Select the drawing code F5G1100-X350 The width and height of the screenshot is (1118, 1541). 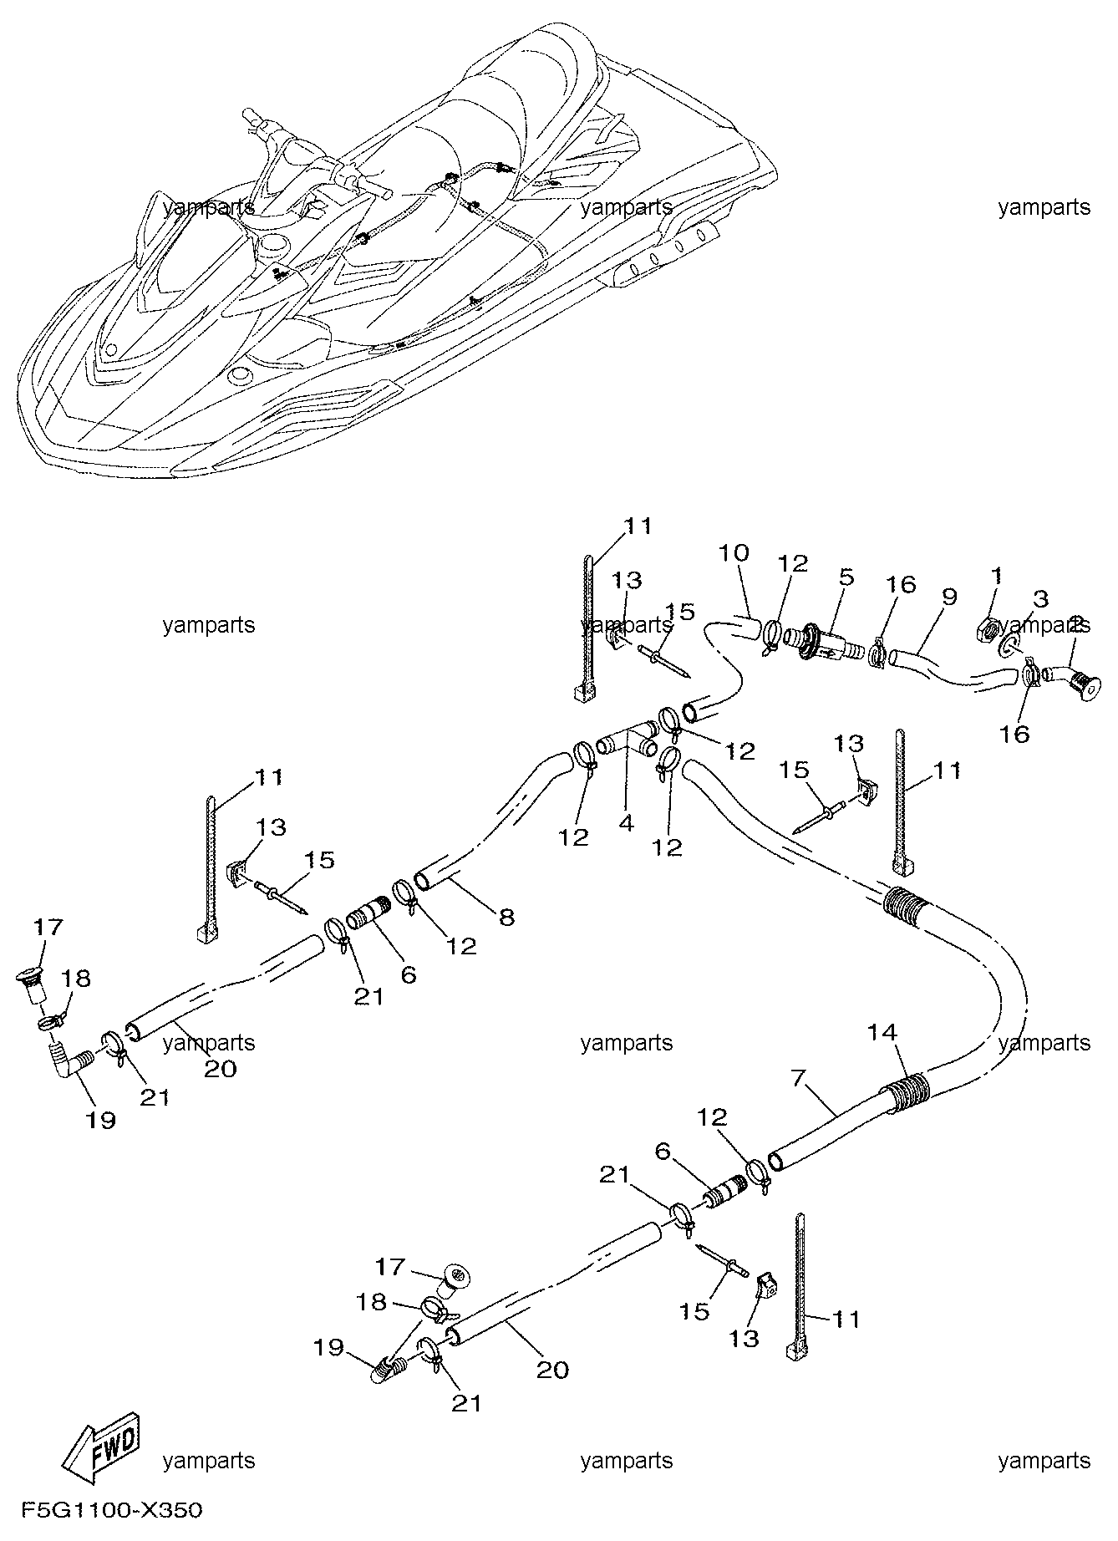point(111,1511)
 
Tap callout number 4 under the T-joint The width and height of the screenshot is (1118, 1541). point(627,822)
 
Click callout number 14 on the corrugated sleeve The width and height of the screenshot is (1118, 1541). point(882,1034)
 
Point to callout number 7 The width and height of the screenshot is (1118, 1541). point(798,1078)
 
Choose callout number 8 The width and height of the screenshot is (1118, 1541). point(506,917)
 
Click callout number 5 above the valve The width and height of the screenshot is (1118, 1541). point(846,577)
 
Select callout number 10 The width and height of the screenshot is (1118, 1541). point(734,553)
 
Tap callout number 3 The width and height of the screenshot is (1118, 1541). point(1039,598)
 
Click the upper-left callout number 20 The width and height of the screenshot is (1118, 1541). point(220,1068)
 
